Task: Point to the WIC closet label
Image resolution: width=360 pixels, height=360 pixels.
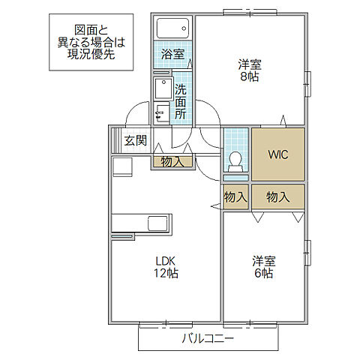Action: (x=278, y=154)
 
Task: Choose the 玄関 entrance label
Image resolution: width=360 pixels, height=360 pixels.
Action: (x=136, y=139)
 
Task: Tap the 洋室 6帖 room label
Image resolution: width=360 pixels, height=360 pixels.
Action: (x=262, y=267)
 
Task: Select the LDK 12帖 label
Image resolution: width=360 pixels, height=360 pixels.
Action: (x=166, y=267)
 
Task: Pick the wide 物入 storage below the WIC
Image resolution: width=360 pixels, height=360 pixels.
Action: (x=278, y=197)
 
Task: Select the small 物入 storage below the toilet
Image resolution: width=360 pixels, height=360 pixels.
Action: (x=235, y=197)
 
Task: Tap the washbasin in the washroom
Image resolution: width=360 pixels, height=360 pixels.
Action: (x=163, y=90)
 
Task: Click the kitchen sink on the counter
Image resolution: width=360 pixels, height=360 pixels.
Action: (x=158, y=223)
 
